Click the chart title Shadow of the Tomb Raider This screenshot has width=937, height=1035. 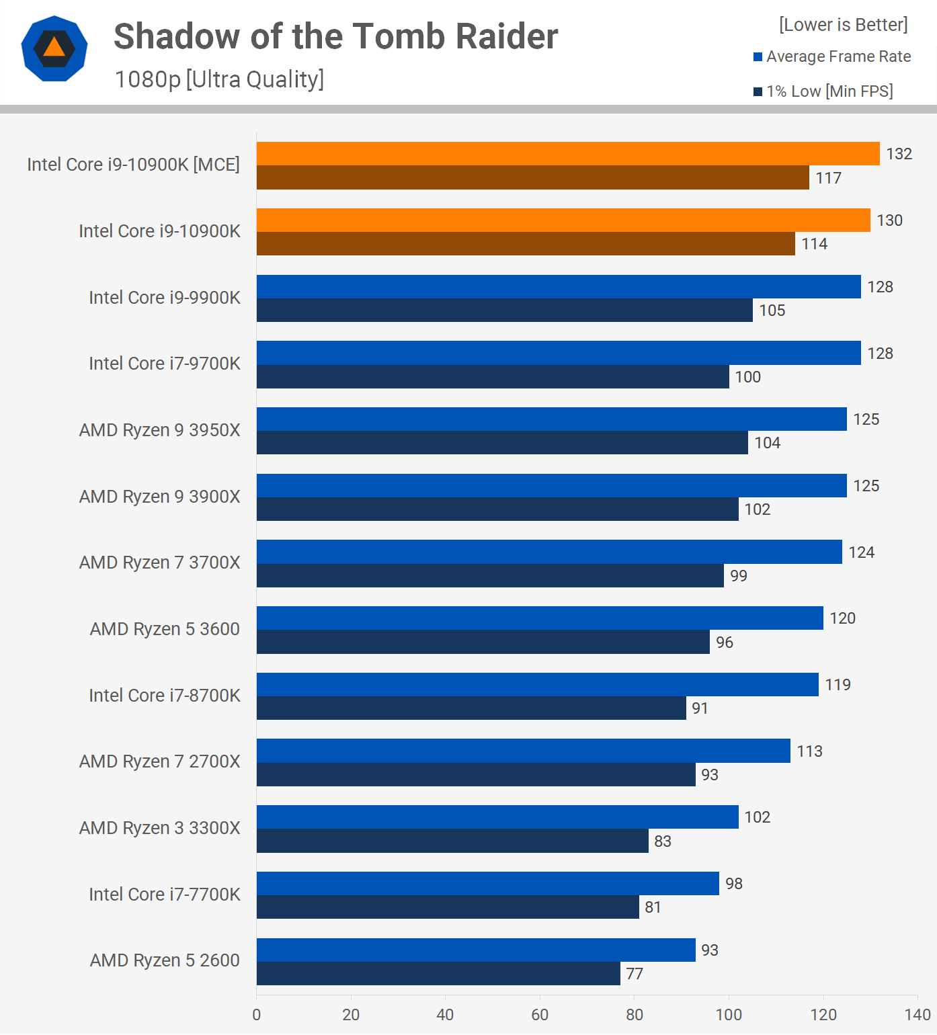click(335, 36)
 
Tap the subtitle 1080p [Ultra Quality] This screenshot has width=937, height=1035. click(219, 79)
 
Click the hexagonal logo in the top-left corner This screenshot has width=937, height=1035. click(54, 48)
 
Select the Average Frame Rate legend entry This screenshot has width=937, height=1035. click(832, 56)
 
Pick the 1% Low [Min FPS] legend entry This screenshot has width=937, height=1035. click(823, 91)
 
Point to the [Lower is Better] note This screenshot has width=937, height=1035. click(843, 25)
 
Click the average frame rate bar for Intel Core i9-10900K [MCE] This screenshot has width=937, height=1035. click(568, 154)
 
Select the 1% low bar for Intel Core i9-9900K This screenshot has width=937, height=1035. click(504, 310)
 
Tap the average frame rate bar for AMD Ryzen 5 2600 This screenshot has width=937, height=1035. click(476, 950)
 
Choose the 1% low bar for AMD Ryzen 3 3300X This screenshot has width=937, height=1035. click(452, 841)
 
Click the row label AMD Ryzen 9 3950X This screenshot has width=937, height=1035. click(159, 430)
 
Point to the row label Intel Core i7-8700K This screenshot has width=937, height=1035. click(164, 696)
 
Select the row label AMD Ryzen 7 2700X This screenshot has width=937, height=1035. click(159, 761)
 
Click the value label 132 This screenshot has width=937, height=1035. click(899, 154)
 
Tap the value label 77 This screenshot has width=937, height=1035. click(635, 974)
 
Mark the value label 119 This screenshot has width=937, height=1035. click(838, 685)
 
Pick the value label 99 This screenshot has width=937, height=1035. click(738, 576)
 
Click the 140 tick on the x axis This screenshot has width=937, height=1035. click(918, 1015)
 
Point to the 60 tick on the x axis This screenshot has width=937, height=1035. click(540, 1015)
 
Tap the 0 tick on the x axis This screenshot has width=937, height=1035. click(256, 1015)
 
